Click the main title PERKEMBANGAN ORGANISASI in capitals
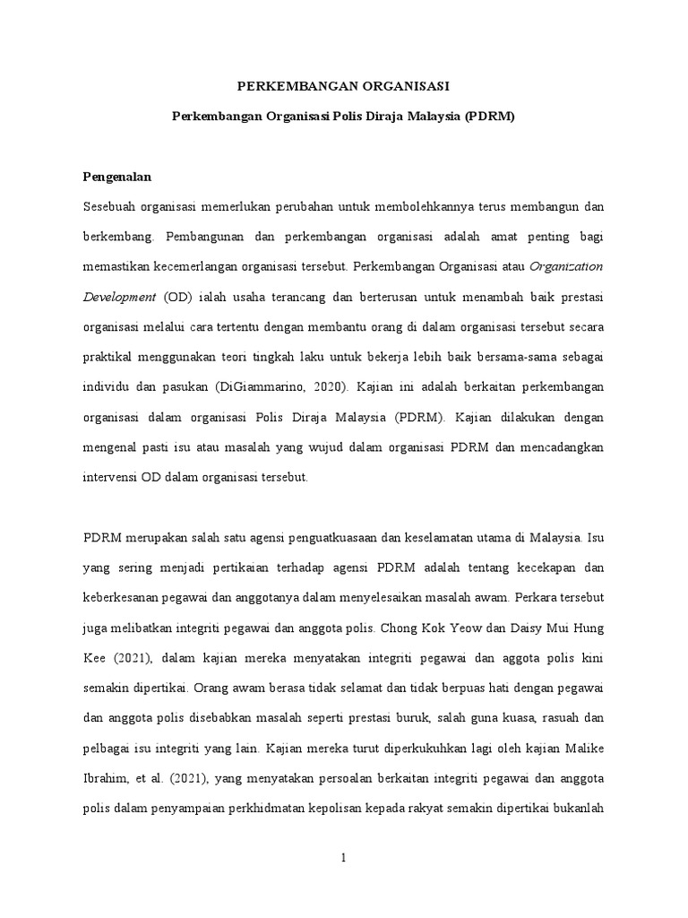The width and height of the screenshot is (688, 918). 343,86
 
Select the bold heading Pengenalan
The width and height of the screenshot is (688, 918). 116,178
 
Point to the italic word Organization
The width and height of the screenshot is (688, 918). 567,266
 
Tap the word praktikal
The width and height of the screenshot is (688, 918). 111,357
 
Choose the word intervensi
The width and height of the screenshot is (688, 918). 111,477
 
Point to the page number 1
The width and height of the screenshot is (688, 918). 343,858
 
